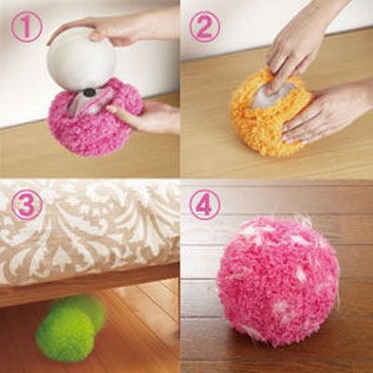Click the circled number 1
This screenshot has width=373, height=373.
[x=26, y=26]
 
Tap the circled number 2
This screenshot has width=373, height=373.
[x=205, y=27]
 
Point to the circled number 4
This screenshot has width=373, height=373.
[x=205, y=205]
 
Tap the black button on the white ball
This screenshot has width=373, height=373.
[x=90, y=92]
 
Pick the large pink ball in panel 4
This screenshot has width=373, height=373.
[x=278, y=282]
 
